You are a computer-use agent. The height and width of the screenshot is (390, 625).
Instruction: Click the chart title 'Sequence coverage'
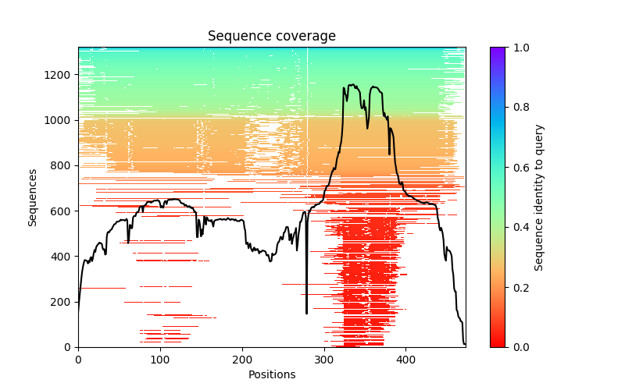[x=271, y=37]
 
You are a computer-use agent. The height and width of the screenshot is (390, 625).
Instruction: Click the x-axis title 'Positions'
[x=271, y=374]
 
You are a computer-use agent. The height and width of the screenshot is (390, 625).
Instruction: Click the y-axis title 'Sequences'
[x=33, y=197]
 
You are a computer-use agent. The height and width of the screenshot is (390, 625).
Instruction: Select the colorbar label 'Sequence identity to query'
[x=539, y=197]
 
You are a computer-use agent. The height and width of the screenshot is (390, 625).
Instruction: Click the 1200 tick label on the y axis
[x=59, y=75]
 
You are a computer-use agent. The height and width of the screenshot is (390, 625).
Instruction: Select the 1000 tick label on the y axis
[x=59, y=120]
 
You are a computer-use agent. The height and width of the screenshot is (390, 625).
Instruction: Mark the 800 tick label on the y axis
[x=62, y=165]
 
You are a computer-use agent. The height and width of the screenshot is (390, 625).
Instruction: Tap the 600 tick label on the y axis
[x=62, y=211]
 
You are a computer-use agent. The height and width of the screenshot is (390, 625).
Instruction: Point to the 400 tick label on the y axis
[x=62, y=257]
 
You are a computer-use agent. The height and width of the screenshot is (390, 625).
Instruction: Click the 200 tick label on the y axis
[x=62, y=302]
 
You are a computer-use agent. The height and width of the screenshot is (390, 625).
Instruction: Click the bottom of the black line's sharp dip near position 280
[x=306, y=314]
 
